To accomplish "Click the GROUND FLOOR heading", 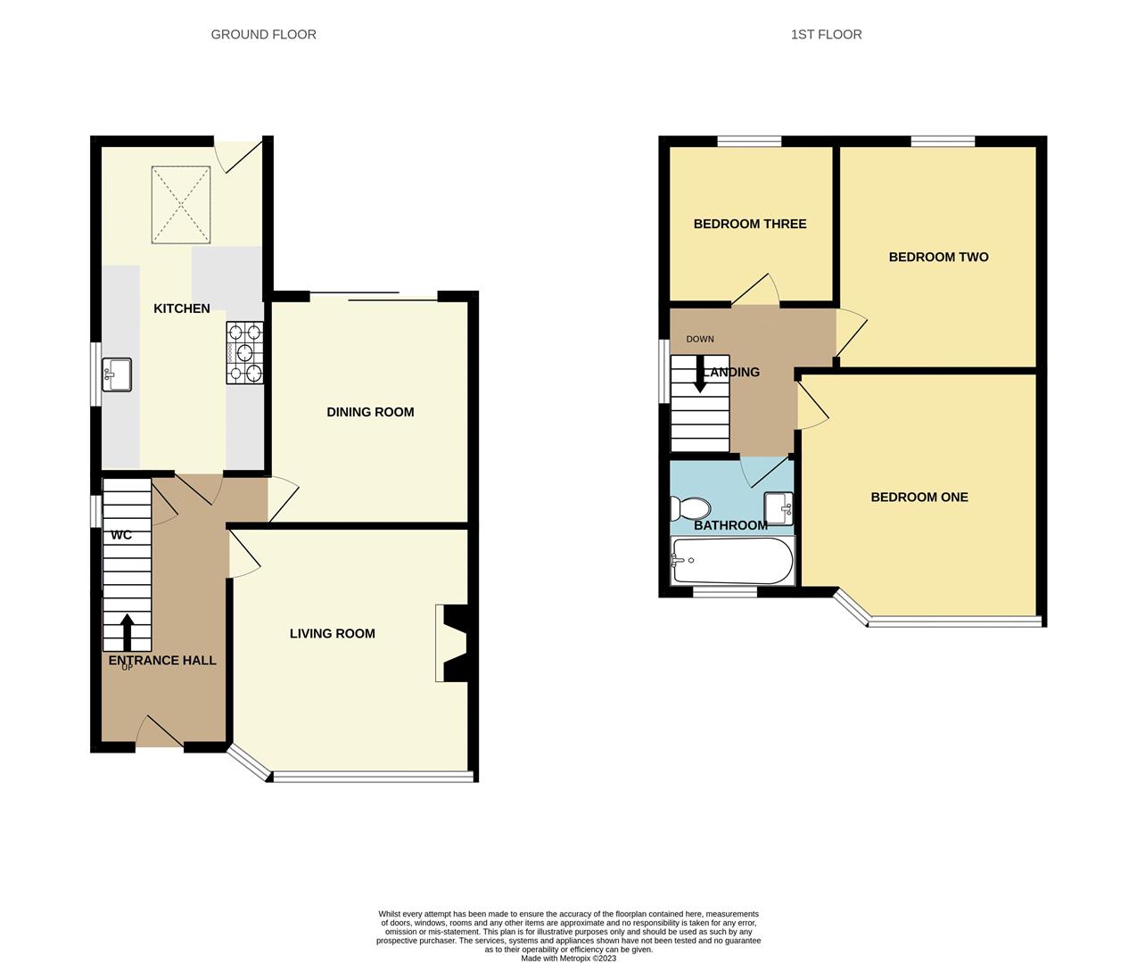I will [x=263, y=35].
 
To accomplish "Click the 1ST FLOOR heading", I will [x=826, y=35].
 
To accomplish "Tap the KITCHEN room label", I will [x=182, y=309].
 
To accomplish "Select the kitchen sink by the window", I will [x=117, y=374].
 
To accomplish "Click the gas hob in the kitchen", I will [x=245, y=353].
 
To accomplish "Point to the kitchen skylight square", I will [x=181, y=204].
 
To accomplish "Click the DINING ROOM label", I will [x=370, y=412].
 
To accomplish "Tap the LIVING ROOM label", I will [x=332, y=634].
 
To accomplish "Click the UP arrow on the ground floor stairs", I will [x=127, y=631].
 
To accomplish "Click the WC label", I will [x=121, y=535].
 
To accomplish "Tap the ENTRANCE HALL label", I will [x=162, y=661].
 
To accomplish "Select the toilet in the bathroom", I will [x=690, y=509].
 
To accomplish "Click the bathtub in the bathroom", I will [x=732, y=560].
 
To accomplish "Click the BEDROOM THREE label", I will [x=750, y=224].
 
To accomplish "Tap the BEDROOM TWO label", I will [x=938, y=257].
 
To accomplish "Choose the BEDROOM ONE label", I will [x=919, y=498].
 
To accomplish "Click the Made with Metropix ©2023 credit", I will [x=568, y=959].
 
